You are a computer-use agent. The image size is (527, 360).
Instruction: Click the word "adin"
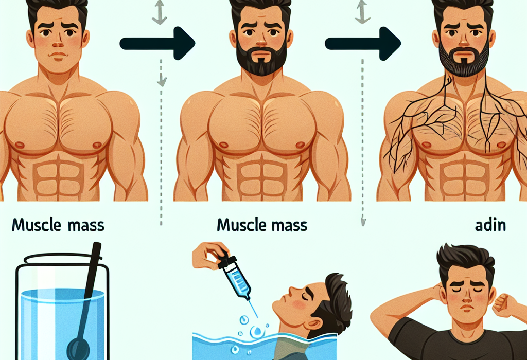pyautogui.click(x=490, y=225)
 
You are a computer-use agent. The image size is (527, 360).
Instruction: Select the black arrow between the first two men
pyautogui.click(x=157, y=44)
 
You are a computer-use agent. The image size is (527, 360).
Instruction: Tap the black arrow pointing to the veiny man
pyautogui.click(x=363, y=44)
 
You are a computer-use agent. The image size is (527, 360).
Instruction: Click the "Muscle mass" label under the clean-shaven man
pyautogui.click(x=58, y=225)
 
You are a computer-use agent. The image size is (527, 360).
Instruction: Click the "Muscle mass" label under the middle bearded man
pyautogui.click(x=262, y=225)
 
